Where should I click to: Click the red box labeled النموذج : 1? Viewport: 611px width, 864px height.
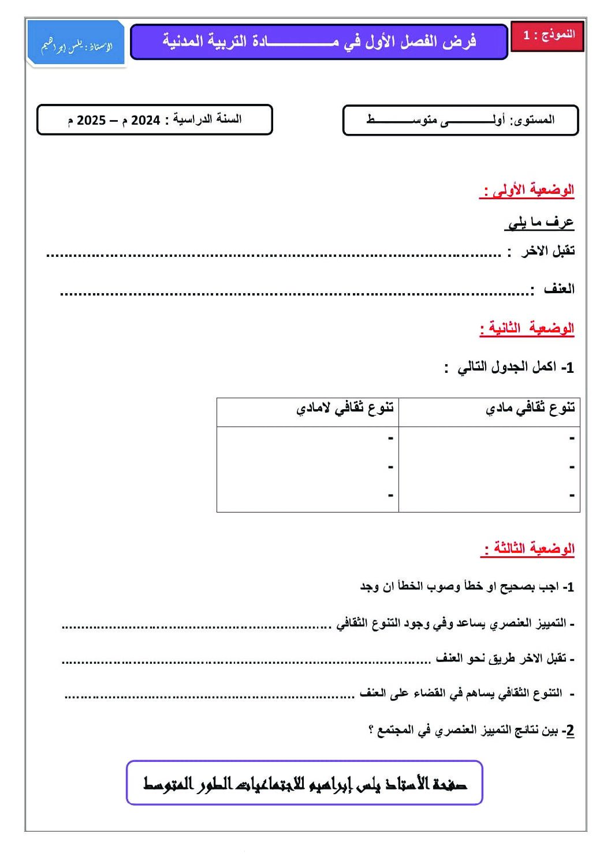547,35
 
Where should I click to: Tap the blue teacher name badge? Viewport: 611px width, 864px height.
76,44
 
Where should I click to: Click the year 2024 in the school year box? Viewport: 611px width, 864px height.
146,120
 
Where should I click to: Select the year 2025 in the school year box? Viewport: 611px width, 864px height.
91,120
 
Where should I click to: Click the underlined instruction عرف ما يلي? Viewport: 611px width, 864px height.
540,223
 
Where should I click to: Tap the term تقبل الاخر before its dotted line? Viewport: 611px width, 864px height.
547,251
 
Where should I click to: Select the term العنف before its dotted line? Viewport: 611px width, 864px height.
559,289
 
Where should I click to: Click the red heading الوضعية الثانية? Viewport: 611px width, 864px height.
527,328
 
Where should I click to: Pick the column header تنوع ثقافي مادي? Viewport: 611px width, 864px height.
530,409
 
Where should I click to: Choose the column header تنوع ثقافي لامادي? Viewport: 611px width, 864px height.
345,409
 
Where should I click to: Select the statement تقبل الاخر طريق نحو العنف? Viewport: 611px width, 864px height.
501,659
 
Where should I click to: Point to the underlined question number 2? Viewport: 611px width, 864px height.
569,731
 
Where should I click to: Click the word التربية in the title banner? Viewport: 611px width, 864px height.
226,41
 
